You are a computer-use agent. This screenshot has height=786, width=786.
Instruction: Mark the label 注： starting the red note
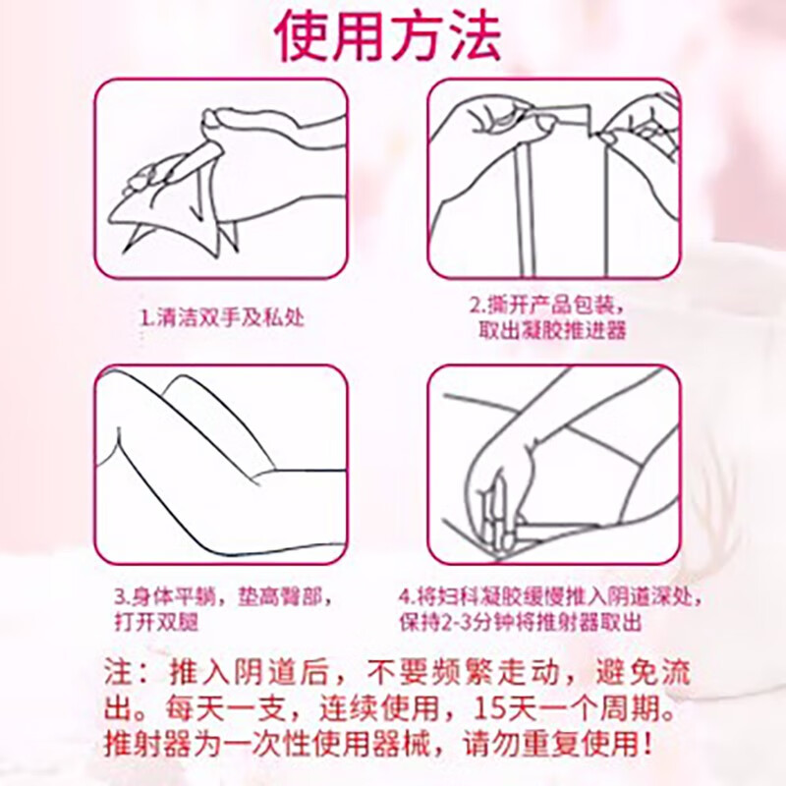(125, 674)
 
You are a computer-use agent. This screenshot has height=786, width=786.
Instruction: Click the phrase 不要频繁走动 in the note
(453, 674)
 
